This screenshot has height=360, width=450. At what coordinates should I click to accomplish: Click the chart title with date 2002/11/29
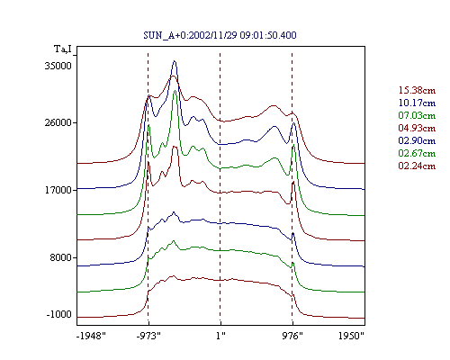pos(220,35)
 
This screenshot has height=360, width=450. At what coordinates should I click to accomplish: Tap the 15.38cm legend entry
pos(417,90)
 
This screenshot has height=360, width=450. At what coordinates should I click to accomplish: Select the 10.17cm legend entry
pos(417,103)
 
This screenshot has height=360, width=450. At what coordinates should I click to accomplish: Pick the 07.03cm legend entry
pos(417,115)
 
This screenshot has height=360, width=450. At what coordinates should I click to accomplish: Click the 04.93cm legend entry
pos(417,128)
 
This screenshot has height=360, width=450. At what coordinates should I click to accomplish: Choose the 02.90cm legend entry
pos(417,140)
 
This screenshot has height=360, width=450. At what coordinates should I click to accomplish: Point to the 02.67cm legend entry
pos(417,153)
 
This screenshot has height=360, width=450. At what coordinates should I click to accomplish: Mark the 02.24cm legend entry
pos(417,166)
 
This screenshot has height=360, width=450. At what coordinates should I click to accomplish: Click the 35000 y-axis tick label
pos(58,66)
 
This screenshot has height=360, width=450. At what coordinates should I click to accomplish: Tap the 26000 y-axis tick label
pos(58,122)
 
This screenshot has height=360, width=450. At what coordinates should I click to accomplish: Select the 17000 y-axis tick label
pos(58,190)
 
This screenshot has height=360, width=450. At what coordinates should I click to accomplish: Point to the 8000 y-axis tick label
pos(60,257)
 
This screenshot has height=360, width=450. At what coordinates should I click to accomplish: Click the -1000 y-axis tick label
pos(58,314)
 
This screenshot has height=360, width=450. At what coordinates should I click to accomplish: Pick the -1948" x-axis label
pos(91,336)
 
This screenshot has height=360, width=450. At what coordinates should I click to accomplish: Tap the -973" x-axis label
pos(148,336)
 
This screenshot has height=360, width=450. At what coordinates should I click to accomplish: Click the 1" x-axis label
pos(220,336)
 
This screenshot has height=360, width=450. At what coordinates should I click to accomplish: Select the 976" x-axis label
pos(292,336)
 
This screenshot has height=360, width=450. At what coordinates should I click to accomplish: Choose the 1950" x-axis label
pos(351,336)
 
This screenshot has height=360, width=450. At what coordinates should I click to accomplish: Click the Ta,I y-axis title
pos(63,49)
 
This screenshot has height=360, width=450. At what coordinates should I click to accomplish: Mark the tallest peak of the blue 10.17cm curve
pos(175,61)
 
